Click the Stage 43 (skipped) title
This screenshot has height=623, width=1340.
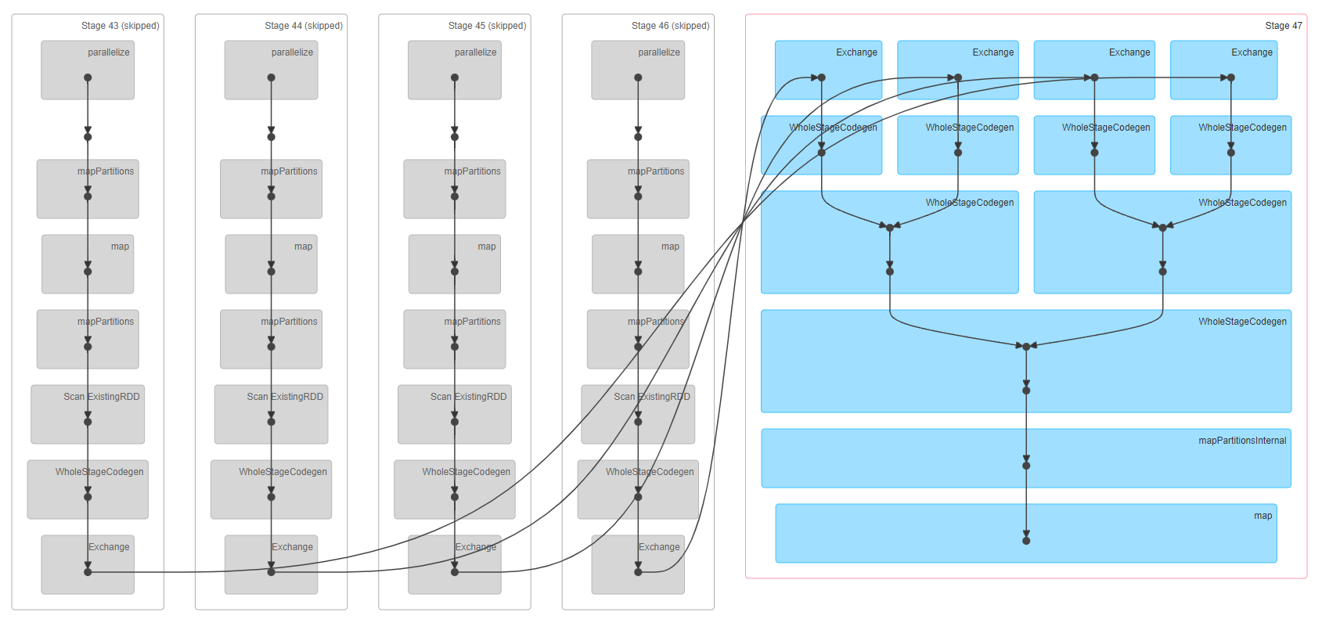[120, 26]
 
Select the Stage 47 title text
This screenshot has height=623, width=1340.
[1283, 26]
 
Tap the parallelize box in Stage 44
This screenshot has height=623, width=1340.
[271, 70]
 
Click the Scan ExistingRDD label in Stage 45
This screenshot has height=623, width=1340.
[468, 397]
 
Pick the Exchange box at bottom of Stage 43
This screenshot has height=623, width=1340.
[88, 564]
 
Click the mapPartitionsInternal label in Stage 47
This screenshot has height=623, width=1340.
[1241, 441]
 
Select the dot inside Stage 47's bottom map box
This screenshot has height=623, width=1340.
[1025, 541]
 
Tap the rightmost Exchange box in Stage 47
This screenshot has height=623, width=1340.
[1223, 70]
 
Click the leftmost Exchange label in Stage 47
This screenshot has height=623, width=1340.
[856, 52]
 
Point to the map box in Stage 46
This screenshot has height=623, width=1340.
[638, 264]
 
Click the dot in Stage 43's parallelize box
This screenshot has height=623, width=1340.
[88, 77]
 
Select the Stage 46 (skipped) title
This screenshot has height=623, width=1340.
[670, 26]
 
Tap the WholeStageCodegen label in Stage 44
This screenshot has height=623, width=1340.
[283, 472]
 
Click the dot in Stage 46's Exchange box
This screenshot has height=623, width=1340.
[638, 572]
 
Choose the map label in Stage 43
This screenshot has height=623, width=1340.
[120, 247]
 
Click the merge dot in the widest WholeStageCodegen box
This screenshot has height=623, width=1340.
[1025, 346]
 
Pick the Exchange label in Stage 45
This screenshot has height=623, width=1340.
[475, 547]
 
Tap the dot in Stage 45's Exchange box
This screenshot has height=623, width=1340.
[455, 572]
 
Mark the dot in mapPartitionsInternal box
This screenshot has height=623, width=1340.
[1025, 466]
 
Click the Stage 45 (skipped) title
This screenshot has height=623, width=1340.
[487, 26]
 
